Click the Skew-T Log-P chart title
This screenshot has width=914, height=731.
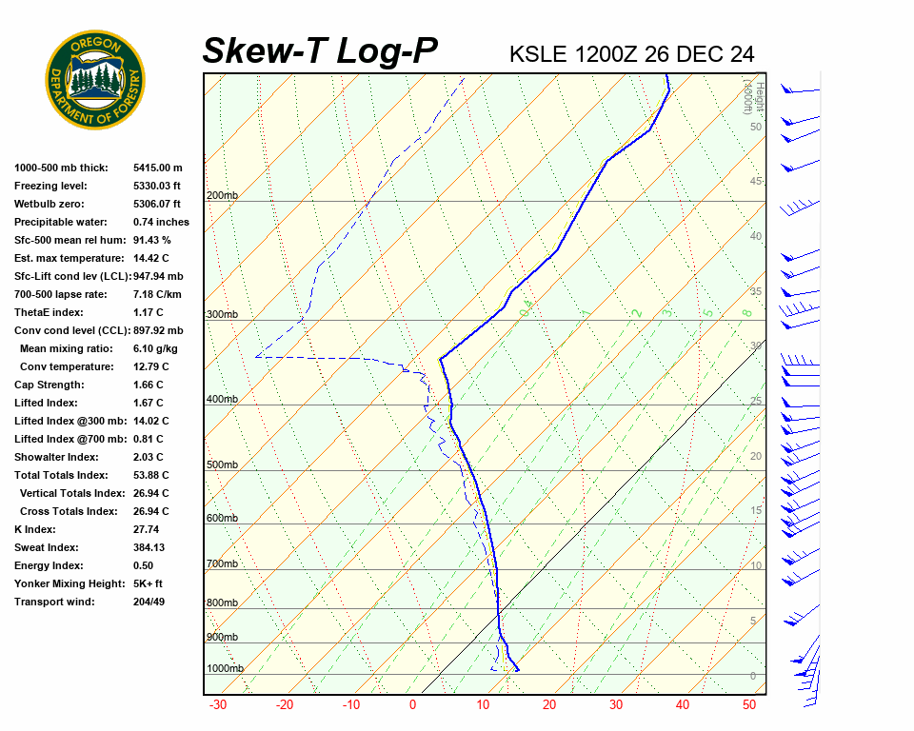[x=320, y=51]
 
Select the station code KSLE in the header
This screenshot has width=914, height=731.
[x=541, y=54]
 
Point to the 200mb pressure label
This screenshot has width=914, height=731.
[x=222, y=196]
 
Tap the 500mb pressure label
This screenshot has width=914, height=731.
[x=222, y=465]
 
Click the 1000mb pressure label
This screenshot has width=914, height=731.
[x=225, y=669]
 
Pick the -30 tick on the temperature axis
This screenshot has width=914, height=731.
[x=217, y=705]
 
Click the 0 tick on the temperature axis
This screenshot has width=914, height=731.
[x=413, y=705]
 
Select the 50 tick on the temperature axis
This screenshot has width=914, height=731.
[x=749, y=705]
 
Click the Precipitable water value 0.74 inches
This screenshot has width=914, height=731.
[x=161, y=222]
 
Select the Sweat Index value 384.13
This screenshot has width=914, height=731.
[x=149, y=547]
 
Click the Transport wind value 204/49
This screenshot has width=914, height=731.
[x=149, y=602]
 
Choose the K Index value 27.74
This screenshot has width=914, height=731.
[x=147, y=529]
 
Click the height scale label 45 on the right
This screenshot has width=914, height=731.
[x=756, y=182]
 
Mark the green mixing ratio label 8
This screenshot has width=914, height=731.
[x=747, y=312]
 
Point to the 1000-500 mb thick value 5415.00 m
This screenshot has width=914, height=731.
[x=157, y=168]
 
